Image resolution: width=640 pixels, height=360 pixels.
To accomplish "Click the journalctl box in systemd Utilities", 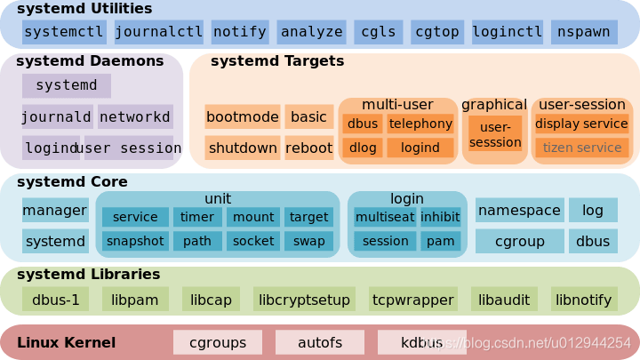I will pyautogui.click(x=159, y=32).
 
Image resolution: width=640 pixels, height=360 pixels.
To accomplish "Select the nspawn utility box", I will pyautogui.click(x=584, y=32).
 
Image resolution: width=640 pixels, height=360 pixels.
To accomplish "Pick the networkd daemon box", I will pyautogui.click(x=135, y=116).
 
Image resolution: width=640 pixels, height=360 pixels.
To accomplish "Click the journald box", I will pyautogui.click(x=57, y=116).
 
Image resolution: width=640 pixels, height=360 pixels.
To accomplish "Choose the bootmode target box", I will pyautogui.click(x=242, y=116).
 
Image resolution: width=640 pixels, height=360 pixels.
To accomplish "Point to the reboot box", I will pyautogui.click(x=308, y=148).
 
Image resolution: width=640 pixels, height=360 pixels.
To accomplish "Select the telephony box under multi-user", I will pyautogui.click(x=420, y=124).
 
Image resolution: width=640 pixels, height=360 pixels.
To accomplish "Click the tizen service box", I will pyautogui.click(x=582, y=148).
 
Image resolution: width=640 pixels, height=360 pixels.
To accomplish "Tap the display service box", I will pyautogui.click(x=582, y=124).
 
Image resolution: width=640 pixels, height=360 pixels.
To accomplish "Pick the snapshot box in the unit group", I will pyautogui.click(x=135, y=241).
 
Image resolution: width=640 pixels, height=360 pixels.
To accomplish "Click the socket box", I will pyautogui.click(x=253, y=241).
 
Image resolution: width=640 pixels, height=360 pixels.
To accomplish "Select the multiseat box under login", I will pyautogui.click(x=383, y=217).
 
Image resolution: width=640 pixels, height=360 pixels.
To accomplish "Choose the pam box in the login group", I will pyautogui.click(x=440, y=241).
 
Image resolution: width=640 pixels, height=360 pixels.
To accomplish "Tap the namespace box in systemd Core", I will pyautogui.click(x=519, y=211).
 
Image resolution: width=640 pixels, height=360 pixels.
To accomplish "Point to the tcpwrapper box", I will pyautogui.click(x=413, y=300).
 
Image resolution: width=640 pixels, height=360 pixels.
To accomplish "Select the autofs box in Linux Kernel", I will pyautogui.click(x=320, y=341).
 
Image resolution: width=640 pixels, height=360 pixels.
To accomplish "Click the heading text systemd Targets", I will pyautogui.click(x=276, y=61).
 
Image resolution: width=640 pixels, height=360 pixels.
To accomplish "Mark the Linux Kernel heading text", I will pyautogui.click(x=66, y=341).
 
